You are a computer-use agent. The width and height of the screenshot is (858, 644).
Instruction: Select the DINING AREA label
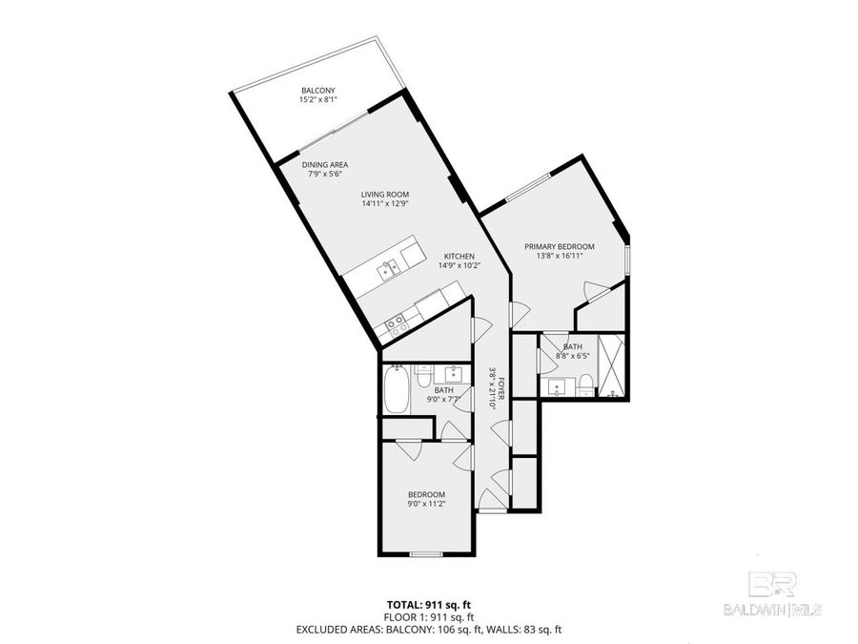tap(326, 164)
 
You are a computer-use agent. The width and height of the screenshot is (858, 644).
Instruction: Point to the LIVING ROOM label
tap(385, 194)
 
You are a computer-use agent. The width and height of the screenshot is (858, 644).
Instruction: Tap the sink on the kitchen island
tap(387, 270)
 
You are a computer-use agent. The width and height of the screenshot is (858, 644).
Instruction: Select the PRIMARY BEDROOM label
tap(560, 246)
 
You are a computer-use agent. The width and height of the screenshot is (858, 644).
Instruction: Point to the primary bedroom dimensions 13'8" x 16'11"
tap(560, 256)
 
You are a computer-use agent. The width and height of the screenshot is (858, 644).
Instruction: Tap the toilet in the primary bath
tap(586, 384)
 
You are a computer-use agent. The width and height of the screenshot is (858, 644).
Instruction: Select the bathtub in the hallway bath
tap(396, 391)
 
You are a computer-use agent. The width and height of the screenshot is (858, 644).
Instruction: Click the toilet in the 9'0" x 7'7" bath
tap(422, 373)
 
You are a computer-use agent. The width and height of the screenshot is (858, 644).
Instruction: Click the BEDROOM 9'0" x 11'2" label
tap(427, 493)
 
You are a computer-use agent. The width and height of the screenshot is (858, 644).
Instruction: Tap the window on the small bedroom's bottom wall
tap(423, 553)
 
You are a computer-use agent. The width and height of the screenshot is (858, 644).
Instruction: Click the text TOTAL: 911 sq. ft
tap(428, 605)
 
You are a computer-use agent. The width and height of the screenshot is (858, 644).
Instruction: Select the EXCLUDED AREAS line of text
tap(428, 630)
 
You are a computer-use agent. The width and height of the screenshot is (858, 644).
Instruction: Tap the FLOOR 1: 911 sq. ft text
tap(428, 617)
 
